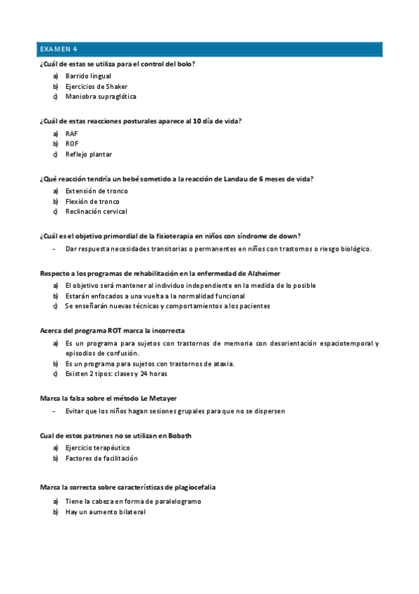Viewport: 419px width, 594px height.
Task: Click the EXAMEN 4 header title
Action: click(x=59, y=49)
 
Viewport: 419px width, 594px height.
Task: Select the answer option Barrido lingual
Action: click(x=88, y=76)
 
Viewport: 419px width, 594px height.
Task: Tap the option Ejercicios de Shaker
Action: click(x=97, y=86)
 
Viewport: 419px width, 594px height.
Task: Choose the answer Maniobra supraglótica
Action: click(x=101, y=97)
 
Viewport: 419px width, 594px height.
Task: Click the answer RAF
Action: click(x=72, y=133)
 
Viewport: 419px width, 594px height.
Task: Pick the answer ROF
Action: click(x=72, y=144)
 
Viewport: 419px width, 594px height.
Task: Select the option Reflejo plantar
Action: click(x=89, y=154)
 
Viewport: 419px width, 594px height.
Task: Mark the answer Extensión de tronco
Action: click(x=97, y=191)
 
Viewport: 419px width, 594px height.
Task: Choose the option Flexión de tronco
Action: click(x=92, y=201)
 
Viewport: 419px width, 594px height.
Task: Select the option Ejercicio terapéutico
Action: click(x=98, y=448)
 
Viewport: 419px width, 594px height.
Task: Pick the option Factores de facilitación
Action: click(x=101, y=458)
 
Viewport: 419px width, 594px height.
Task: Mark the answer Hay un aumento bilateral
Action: click(x=106, y=512)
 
